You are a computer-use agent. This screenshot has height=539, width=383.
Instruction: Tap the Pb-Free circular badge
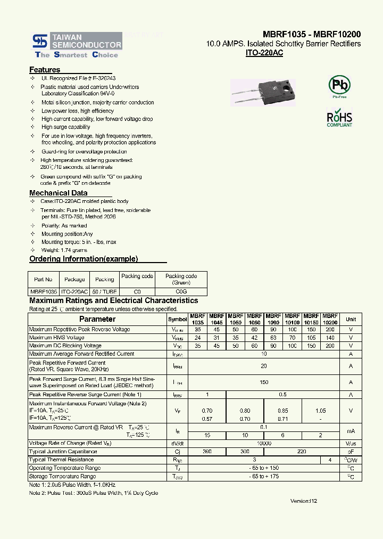pyautogui.click(x=339, y=86)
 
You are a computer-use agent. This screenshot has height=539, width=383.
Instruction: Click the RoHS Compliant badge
pyautogui.click(x=339, y=117)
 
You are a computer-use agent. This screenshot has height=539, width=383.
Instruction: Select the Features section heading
pyautogui.click(x=45, y=70)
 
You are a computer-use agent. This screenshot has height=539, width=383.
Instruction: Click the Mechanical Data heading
pyautogui.click(x=58, y=193)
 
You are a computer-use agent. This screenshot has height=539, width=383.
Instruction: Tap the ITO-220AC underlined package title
pyautogui.click(x=264, y=53)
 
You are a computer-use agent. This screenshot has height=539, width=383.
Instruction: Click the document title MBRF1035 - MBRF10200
pyautogui.click(x=311, y=34)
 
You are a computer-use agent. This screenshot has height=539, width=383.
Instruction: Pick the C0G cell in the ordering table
pyautogui.click(x=181, y=292)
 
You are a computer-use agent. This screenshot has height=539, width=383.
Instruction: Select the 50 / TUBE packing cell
pyautogui.click(x=104, y=292)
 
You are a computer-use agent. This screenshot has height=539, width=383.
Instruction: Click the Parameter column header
pyautogui.click(x=97, y=319)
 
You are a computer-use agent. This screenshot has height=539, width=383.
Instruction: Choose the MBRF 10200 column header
pyautogui.click(x=330, y=319)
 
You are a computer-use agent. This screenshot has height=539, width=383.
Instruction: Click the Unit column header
pyautogui.click(x=351, y=319)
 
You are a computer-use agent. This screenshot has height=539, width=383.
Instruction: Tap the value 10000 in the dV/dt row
pyautogui.click(x=264, y=443)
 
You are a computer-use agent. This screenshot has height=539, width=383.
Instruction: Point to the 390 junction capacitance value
pyautogui.click(x=207, y=452)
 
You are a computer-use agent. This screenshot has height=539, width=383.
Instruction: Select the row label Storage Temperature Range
pyautogui.click(x=62, y=476)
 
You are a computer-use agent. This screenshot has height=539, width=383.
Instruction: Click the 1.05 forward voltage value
pyautogui.click(x=320, y=411)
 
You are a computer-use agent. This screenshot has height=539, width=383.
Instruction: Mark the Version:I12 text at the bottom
pyautogui.click(x=304, y=501)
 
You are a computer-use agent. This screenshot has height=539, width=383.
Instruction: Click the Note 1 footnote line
pyautogui.click(x=72, y=485)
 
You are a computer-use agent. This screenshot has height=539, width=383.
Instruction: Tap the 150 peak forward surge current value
pyautogui.click(x=264, y=382)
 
